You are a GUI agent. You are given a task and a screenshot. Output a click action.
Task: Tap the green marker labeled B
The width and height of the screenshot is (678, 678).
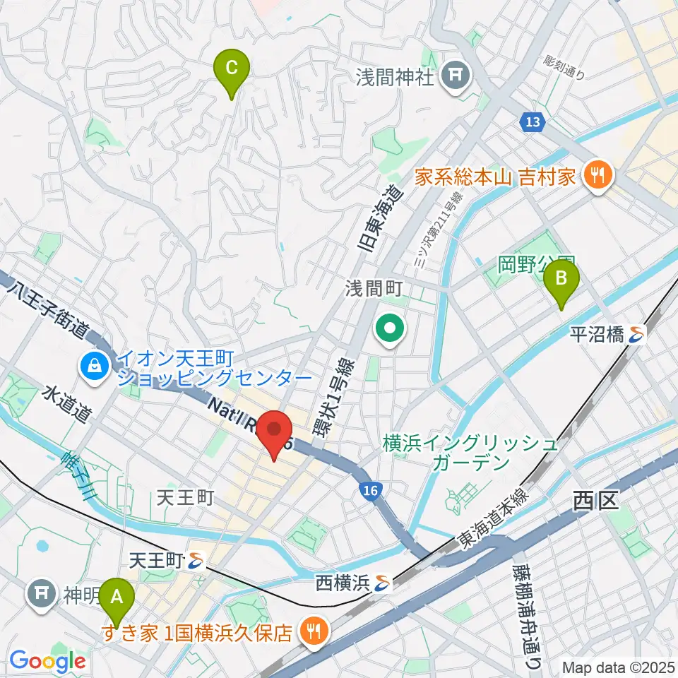pos(561,279)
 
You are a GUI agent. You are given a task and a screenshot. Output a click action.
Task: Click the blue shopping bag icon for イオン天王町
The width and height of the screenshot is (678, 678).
pos(93,366)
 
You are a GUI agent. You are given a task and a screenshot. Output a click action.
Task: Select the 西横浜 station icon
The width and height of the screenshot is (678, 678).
pos(383,583)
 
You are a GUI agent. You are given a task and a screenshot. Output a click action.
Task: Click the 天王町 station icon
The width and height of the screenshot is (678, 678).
pos(196,562)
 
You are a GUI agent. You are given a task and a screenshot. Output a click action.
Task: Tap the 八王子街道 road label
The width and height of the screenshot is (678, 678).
pos(49,309)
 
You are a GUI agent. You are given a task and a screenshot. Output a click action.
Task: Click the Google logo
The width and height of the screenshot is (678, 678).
pos(47,661)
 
